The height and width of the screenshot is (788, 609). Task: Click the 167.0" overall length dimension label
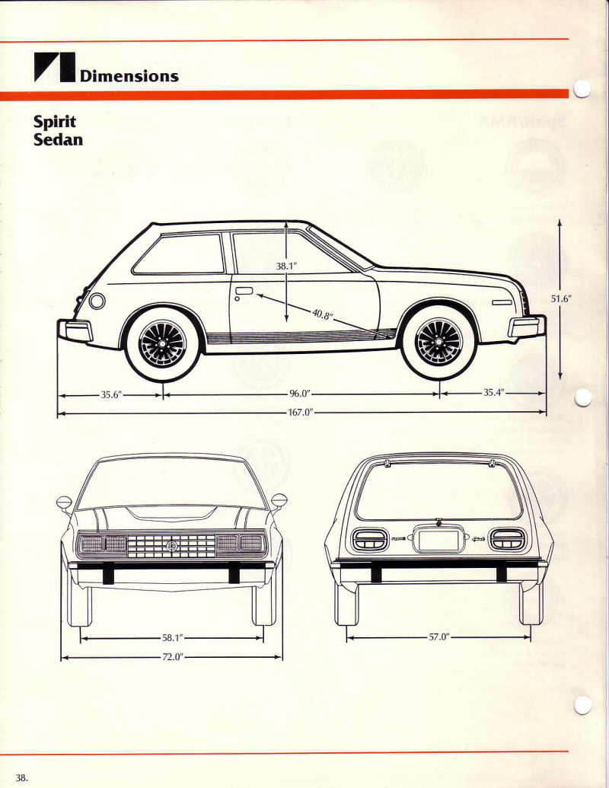[x=301, y=413]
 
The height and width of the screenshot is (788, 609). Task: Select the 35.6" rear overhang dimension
[x=112, y=394]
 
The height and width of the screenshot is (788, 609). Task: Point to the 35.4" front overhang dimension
[x=493, y=393]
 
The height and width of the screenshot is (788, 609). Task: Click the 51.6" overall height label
[x=561, y=298]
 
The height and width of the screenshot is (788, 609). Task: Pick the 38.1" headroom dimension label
[x=286, y=266]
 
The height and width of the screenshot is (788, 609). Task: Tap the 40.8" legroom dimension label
[x=323, y=314]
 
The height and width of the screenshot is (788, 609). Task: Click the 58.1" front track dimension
[x=172, y=638]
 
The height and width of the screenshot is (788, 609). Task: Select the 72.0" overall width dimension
[x=172, y=657]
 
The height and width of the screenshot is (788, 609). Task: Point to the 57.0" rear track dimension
[x=438, y=637]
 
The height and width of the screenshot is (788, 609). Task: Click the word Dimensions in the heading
[x=129, y=76]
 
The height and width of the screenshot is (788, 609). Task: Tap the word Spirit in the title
[x=55, y=122]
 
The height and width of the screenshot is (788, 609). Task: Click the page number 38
[x=21, y=778]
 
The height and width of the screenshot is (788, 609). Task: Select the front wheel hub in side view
[x=438, y=342]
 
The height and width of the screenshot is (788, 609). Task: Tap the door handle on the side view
[x=244, y=291]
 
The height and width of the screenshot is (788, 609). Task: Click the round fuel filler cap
[x=97, y=301]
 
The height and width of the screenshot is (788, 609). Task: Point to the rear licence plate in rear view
[x=438, y=541]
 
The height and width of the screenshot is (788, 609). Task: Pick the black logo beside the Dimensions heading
[x=54, y=67]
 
